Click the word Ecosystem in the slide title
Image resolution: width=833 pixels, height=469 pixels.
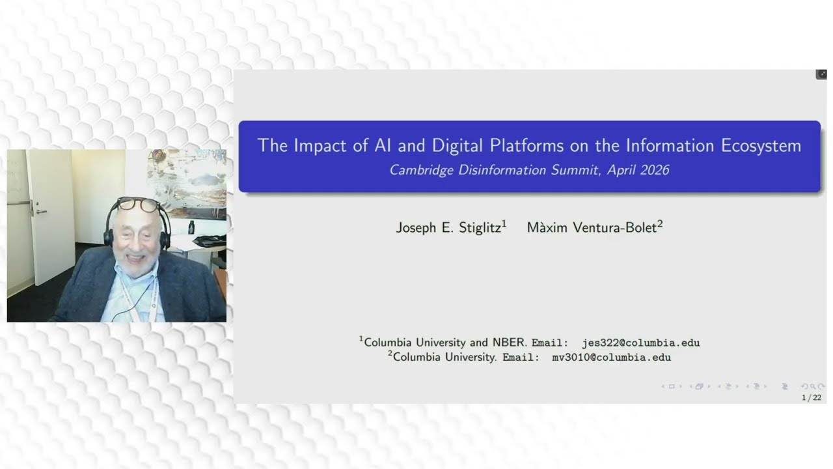tap(761, 145)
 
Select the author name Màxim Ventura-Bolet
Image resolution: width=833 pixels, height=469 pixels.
tap(592, 227)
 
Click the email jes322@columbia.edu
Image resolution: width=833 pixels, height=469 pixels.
tap(640, 343)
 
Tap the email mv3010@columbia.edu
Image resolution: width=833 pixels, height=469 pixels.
tap(611, 358)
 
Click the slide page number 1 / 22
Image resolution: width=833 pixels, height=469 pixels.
tap(811, 397)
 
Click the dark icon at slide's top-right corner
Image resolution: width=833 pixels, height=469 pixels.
tap(821, 74)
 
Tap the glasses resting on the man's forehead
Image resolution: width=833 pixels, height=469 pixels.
tap(138, 205)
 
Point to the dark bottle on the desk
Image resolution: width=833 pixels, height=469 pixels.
tap(191, 227)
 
